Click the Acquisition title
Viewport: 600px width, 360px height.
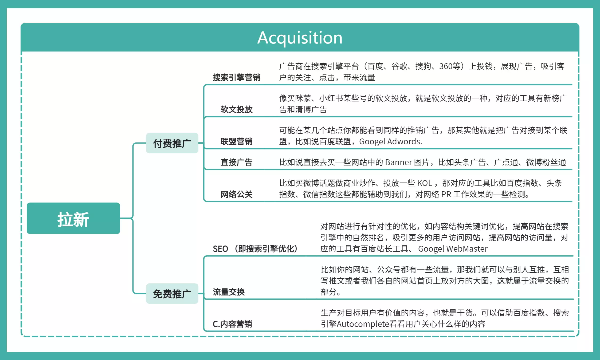(x=300, y=38)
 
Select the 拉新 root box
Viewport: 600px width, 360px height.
(x=73, y=218)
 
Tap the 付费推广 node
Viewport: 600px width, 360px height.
(x=172, y=143)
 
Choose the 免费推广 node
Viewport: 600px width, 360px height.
(x=172, y=294)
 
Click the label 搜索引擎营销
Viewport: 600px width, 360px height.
(x=236, y=77)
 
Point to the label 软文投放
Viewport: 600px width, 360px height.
(x=236, y=109)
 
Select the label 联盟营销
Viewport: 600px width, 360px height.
(x=236, y=141)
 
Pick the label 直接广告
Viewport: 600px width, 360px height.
(x=236, y=162)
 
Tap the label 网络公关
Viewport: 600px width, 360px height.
(x=236, y=194)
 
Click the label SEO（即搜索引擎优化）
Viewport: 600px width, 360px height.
(x=255, y=249)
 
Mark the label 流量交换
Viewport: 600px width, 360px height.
(x=229, y=292)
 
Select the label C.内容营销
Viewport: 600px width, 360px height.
(x=232, y=324)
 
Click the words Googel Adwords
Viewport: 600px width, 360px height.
(x=390, y=141)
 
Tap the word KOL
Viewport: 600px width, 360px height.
(x=425, y=183)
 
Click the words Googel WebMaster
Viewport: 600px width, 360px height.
(x=453, y=249)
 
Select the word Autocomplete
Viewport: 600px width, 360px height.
(x=363, y=324)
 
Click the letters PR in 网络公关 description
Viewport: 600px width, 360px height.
(x=446, y=194)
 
